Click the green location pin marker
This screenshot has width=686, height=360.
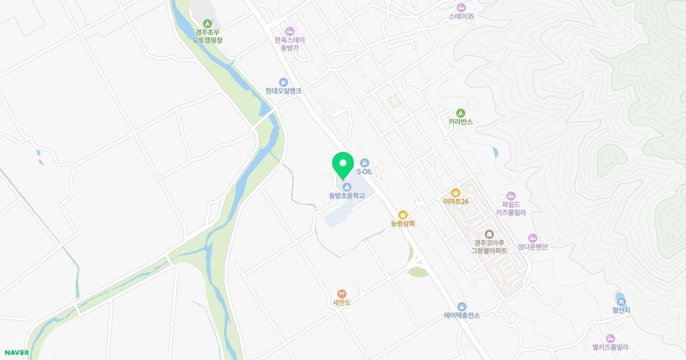[343, 164]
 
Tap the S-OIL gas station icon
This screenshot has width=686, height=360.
[365, 163]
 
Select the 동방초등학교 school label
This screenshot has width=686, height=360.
[346, 195]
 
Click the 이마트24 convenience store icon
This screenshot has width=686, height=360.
[456, 193]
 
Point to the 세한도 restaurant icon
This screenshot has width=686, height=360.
[342, 293]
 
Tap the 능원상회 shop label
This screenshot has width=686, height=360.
[402, 223]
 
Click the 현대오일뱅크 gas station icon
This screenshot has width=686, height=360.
[283, 82]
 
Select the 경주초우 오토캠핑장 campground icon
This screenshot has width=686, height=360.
[207, 23]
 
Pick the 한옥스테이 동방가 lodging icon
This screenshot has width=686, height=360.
[290, 31]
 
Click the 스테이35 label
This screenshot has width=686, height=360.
[462, 16]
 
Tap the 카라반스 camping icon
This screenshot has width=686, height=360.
[460, 113]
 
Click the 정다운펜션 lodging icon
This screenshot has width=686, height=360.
[533, 238]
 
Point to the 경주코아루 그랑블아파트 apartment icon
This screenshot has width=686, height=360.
[489, 234]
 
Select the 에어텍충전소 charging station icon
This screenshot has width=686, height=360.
[461, 306]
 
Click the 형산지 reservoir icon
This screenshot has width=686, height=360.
[621, 301]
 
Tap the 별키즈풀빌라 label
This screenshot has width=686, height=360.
[611, 347]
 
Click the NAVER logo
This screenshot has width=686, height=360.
[17, 353]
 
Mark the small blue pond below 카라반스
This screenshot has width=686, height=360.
[494, 153]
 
